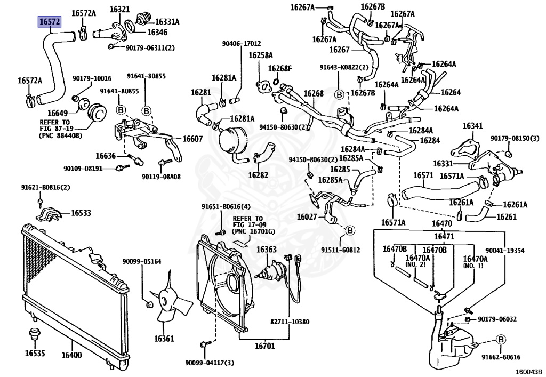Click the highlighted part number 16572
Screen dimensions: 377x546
[x=49, y=22]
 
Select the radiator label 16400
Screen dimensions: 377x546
[x=71, y=355]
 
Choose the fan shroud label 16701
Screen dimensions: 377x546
[x=264, y=347]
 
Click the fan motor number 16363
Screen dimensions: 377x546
[x=266, y=250]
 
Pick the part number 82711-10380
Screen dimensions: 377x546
[x=290, y=322]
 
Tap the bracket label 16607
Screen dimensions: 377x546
[x=192, y=139]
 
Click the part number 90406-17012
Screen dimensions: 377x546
[x=242, y=44]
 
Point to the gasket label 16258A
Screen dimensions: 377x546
[x=260, y=55]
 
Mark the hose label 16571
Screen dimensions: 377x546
[x=423, y=175]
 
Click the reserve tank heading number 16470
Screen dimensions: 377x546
[x=442, y=223]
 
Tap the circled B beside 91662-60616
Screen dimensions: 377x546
[x=501, y=339]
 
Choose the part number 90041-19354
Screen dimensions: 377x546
[x=504, y=250]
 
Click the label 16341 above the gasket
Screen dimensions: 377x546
[x=472, y=126]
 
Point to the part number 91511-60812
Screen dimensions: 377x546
[x=340, y=250]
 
